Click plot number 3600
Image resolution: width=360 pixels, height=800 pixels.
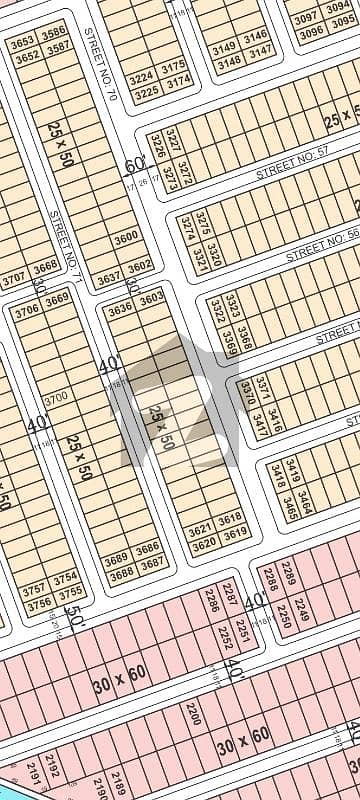coord(126,238)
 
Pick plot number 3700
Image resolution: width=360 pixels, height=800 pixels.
coord(56,398)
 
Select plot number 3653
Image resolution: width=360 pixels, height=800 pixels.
coord(22,43)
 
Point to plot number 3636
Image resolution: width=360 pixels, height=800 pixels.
coord(119,309)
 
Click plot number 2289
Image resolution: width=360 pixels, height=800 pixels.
coord(288,573)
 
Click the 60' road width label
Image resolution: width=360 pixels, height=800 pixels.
coord(134,166)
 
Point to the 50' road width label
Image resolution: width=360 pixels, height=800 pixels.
coord(73,611)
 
